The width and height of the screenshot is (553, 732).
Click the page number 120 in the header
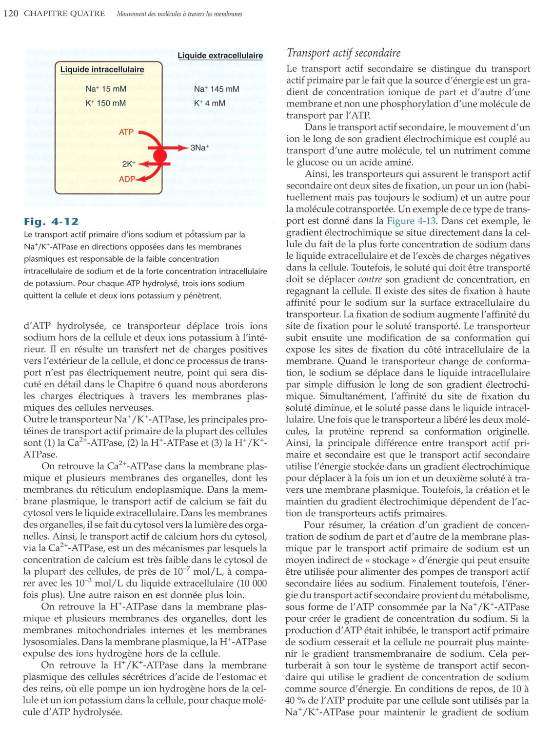click(x=11, y=13)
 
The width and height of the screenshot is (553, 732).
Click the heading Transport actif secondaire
click(x=343, y=53)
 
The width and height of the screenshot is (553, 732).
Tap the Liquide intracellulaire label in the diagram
click(x=102, y=69)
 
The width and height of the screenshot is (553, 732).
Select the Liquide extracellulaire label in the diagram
click(x=220, y=56)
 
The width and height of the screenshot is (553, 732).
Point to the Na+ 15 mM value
click(x=105, y=89)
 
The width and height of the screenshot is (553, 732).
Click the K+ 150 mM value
click(x=105, y=103)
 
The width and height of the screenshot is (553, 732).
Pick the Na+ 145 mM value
click(x=216, y=89)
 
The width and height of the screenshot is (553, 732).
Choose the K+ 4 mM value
click(x=209, y=103)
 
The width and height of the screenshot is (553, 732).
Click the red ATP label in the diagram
click(x=126, y=132)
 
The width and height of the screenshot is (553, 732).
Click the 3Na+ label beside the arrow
click(x=199, y=147)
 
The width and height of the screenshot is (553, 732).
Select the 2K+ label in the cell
click(x=129, y=164)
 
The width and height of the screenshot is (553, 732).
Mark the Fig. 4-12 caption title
click(x=51, y=222)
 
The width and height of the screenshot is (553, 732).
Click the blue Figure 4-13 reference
click(x=411, y=221)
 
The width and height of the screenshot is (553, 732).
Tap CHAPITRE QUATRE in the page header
click(x=64, y=13)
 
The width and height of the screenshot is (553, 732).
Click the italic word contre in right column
click(x=370, y=279)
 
